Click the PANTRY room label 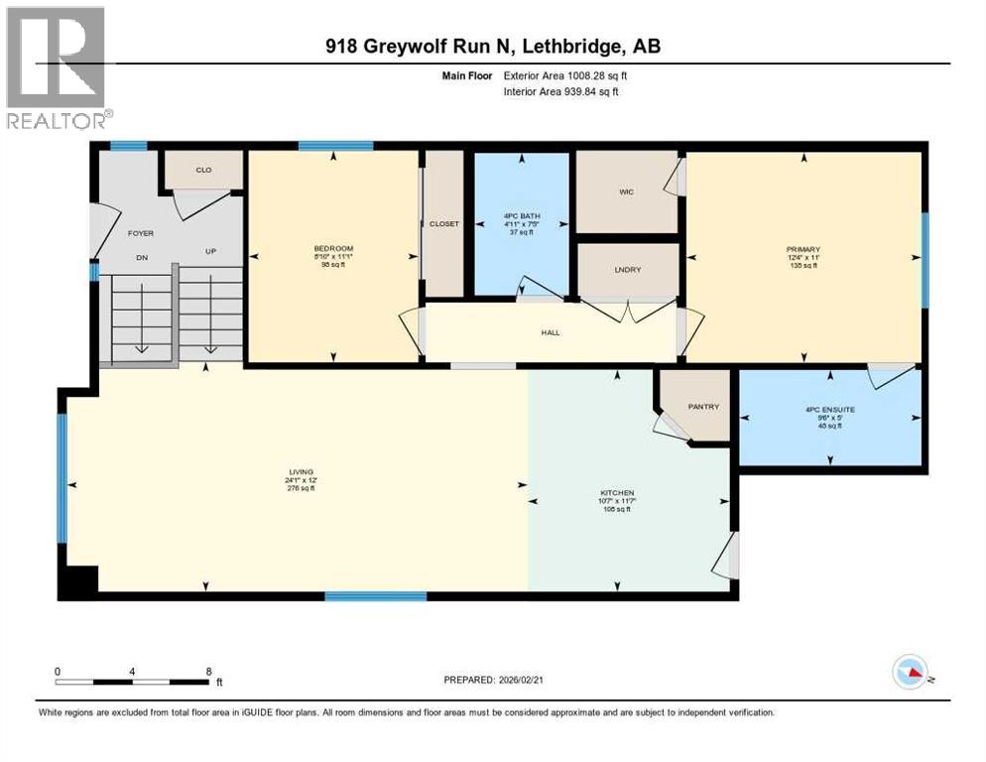703,407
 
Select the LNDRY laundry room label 627,269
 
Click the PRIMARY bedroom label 804,250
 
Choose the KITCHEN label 616,493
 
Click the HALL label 551,332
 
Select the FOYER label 141,235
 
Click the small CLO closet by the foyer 203,170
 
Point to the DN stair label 141,252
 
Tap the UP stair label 211,252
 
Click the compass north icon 909,674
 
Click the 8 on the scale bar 208,672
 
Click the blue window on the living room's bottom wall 376,596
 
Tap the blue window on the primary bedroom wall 925,260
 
